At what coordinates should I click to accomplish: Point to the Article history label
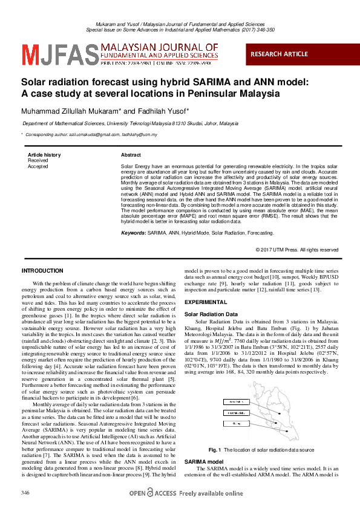tap(44, 155)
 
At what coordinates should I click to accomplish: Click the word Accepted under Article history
tap(38, 166)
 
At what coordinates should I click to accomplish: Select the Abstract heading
tap(131, 155)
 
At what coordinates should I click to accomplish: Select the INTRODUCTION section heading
tap(42, 270)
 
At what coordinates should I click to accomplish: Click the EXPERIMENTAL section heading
tap(206, 302)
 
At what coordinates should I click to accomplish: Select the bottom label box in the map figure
tap(233, 424)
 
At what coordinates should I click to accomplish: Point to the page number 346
tap(25, 494)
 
